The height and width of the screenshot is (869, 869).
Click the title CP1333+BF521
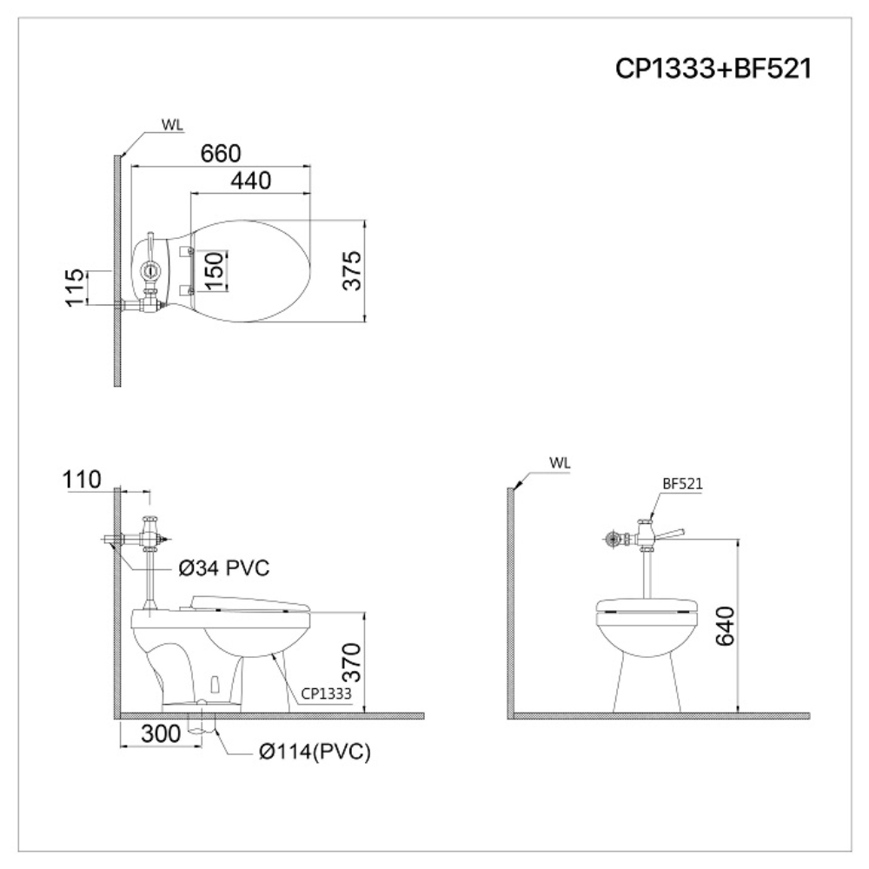tap(713, 70)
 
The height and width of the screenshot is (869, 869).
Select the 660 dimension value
tap(221, 153)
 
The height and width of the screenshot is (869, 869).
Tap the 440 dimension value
tap(250, 181)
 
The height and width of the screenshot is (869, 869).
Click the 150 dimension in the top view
tap(215, 270)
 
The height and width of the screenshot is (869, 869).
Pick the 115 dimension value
tap(76, 287)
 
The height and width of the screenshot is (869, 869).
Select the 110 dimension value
tap(83, 479)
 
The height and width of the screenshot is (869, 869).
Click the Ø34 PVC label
tap(223, 568)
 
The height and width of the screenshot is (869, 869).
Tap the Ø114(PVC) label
tap(315, 753)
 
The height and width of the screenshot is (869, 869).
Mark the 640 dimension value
tap(724, 626)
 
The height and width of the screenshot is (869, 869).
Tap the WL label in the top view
tap(172, 123)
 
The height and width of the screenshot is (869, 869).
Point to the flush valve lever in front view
tap(670, 533)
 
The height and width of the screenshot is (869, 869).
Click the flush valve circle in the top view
tap(150, 269)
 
